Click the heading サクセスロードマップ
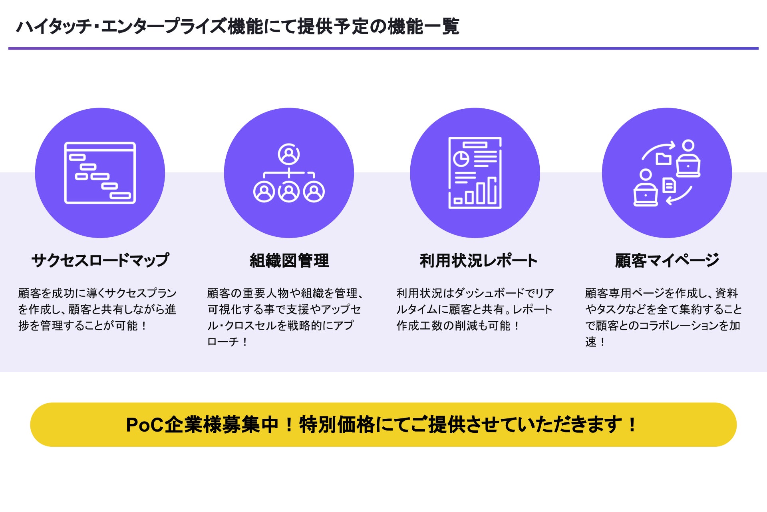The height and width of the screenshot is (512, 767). [100, 260]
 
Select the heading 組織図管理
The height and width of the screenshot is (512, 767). [289, 260]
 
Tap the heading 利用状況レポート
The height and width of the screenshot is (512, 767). [478, 260]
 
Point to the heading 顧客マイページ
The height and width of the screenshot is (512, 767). [667, 260]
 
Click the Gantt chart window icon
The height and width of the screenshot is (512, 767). [100, 173]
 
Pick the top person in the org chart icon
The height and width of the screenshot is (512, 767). [289, 154]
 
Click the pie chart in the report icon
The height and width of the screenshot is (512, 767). [461, 158]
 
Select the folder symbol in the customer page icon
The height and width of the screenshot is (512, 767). [663, 159]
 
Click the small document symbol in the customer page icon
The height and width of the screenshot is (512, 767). [669, 185]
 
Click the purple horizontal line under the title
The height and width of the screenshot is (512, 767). [383, 48]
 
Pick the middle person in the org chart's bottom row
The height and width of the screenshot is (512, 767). [289, 192]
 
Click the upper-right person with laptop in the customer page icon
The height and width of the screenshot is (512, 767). [688, 158]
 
